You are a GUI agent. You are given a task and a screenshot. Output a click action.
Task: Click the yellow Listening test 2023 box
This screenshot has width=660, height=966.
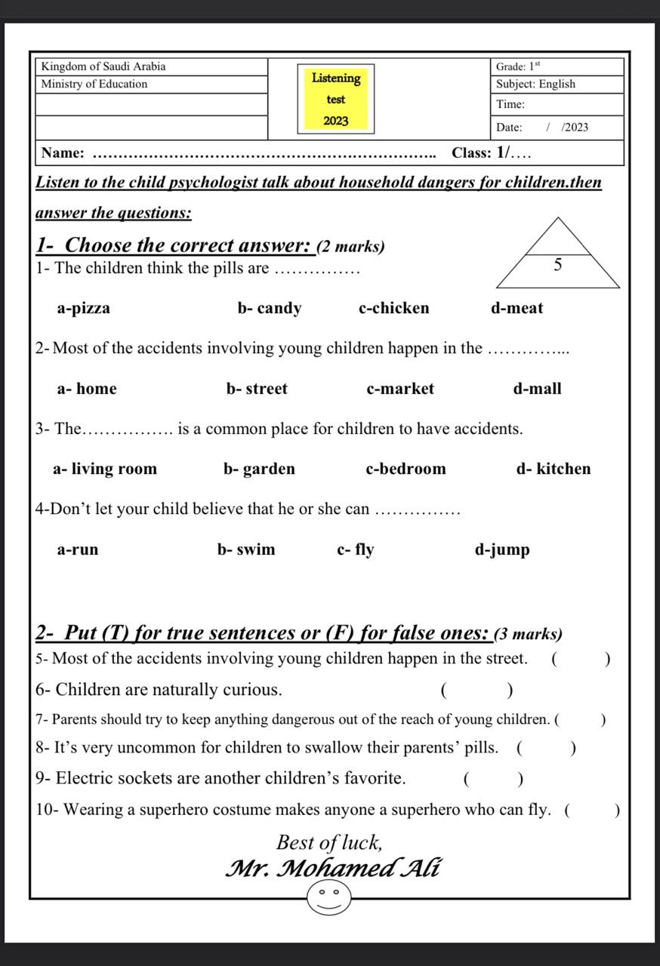[x=335, y=99]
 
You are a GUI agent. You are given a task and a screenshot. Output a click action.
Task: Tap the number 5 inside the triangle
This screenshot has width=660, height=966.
[x=558, y=265]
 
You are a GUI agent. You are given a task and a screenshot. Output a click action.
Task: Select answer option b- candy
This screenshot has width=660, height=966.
[x=269, y=308]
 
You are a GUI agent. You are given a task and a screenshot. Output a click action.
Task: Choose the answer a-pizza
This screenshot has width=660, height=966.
[x=83, y=308]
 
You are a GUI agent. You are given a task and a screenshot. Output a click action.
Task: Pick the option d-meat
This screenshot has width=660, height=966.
[x=517, y=308]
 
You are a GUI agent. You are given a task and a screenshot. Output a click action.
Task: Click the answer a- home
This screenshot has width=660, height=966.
[x=87, y=389]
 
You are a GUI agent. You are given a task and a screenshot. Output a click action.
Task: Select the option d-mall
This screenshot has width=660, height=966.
[x=537, y=389]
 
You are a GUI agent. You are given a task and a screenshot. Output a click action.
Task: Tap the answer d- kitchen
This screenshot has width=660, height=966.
[x=554, y=469]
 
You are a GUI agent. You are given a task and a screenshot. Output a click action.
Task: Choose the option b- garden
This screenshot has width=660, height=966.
[x=259, y=469]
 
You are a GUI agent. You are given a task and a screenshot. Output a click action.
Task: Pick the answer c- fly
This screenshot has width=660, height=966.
[x=355, y=549]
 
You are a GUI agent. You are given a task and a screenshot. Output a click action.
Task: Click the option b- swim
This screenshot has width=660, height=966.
[x=246, y=549]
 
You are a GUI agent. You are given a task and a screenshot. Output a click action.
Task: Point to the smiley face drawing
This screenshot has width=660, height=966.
[x=329, y=897]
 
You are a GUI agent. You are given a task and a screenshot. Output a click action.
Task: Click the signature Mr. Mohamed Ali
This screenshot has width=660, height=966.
[x=332, y=868]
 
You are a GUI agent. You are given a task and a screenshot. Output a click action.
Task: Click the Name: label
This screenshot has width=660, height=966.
[x=63, y=153]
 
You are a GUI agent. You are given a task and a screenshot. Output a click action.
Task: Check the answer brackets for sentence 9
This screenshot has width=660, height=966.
[x=494, y=779]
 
